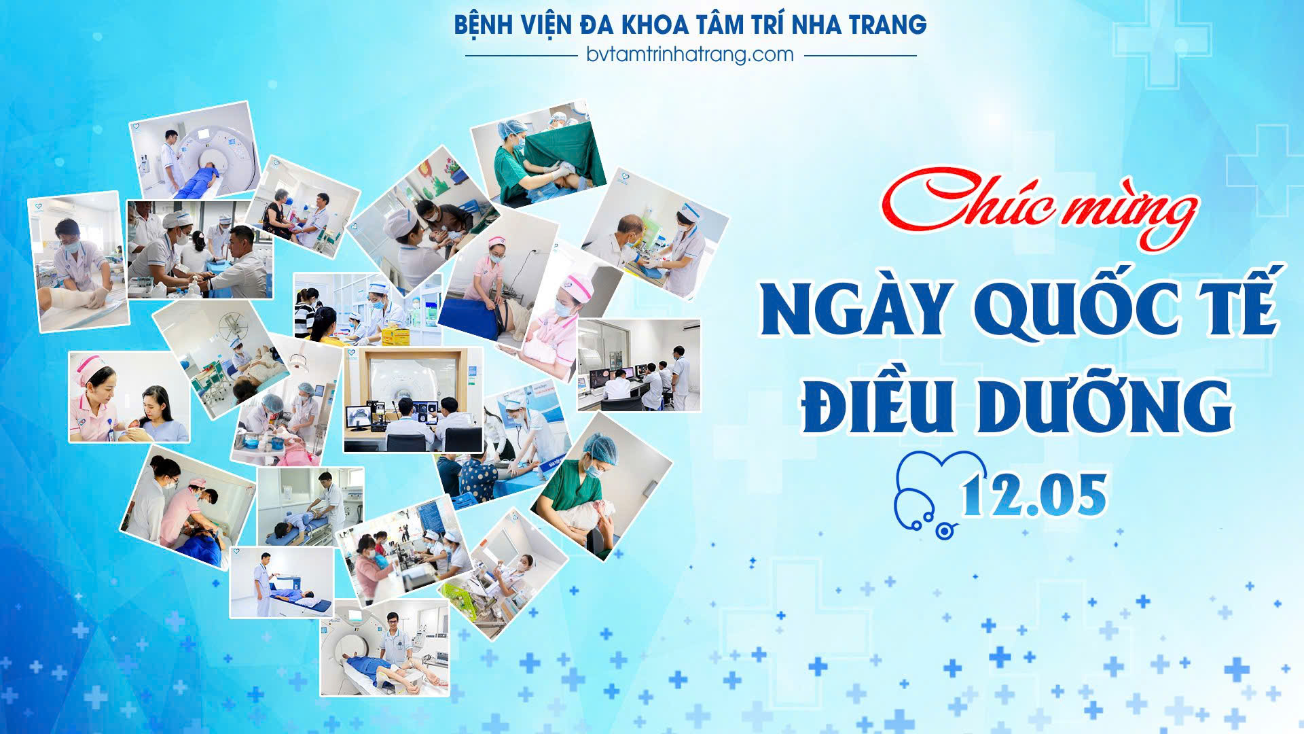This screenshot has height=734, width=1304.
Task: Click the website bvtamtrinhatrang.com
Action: pos(690,54)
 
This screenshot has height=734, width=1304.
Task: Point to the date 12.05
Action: pos(1035,495)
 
